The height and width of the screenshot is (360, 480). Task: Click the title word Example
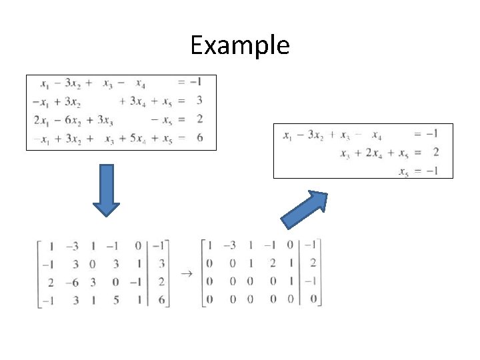(x=240, y=45)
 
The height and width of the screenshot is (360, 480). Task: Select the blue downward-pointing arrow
(x=105, y=190)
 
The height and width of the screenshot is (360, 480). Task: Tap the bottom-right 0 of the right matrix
(x=313, y=299)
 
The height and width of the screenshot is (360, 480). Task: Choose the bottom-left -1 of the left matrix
(x=47, y=301)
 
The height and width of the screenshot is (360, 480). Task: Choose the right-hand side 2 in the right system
(x=435, y=153)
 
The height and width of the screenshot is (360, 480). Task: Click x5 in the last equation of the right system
(x=403, y=171)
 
